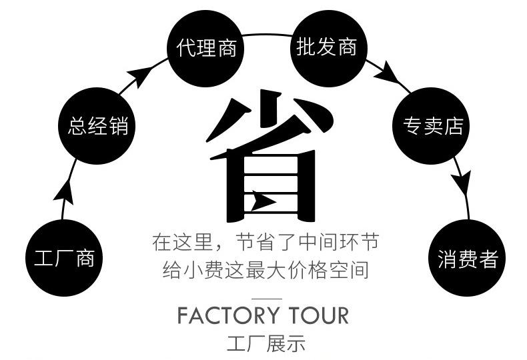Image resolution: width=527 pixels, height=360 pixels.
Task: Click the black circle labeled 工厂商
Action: click(65, 258)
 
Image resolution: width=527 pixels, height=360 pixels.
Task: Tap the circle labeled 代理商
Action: click(206, 48)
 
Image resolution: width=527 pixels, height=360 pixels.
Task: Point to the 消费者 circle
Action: click(467, 258)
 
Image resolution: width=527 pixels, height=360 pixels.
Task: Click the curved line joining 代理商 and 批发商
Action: click(266, 34)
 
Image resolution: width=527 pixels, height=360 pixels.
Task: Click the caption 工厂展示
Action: click(266, 344)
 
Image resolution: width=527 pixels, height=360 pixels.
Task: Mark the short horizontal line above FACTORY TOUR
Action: click(266, 297)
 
